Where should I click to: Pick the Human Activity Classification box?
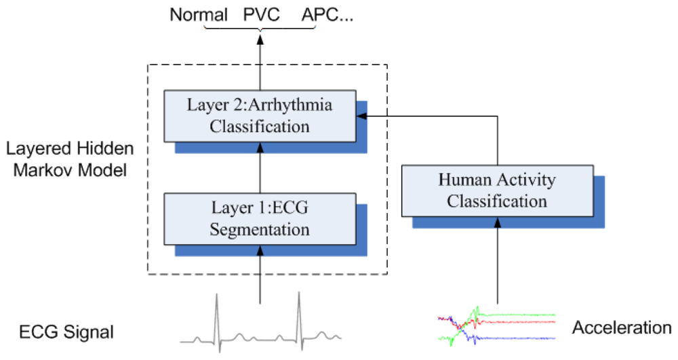pos(497,191)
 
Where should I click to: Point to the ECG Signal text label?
pos(66,332)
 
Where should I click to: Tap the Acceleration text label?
pos(622,328)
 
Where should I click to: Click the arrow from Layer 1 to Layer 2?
pos(260,167)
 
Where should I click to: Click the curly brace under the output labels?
pos(260,31)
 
